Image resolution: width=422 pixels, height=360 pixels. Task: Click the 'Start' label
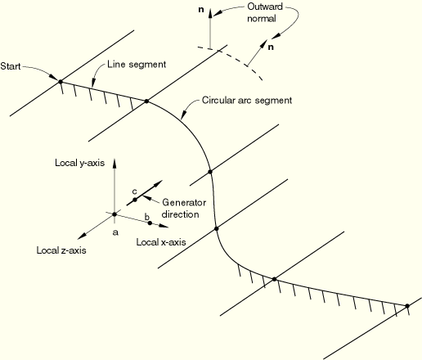(11, 66)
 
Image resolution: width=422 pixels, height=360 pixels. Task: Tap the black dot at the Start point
(61, 81)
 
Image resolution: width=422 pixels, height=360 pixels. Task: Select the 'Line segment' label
(137, 65)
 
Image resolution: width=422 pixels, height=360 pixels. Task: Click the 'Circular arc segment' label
(247, 101)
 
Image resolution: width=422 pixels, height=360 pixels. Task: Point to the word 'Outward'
(265, 7)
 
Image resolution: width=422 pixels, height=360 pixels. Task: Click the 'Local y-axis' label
(80, 163)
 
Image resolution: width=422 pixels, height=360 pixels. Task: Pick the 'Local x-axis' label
(161, 242)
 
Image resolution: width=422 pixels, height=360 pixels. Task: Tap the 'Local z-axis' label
(61, 250)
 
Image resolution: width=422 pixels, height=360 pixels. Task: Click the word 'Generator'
(184, 203)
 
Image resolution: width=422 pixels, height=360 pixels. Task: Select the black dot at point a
(114, 214)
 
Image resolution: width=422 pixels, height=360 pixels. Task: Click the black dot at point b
(150, 223)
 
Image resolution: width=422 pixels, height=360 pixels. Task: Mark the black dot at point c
(135, 200)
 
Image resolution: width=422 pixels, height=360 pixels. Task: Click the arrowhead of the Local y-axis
(114, 163)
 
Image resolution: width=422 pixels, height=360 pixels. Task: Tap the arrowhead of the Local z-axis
(82, 236)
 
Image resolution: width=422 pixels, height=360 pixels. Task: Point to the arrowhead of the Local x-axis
(164, 226)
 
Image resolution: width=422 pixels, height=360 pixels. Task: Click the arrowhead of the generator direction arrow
(159, 183)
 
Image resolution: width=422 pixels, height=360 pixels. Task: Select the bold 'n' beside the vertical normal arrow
(201, 10)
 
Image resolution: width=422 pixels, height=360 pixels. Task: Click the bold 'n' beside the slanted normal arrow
(271, 47)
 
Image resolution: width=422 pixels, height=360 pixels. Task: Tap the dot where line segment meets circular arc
(146, 101)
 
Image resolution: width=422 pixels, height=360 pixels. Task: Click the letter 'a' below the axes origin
(115, 232)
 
